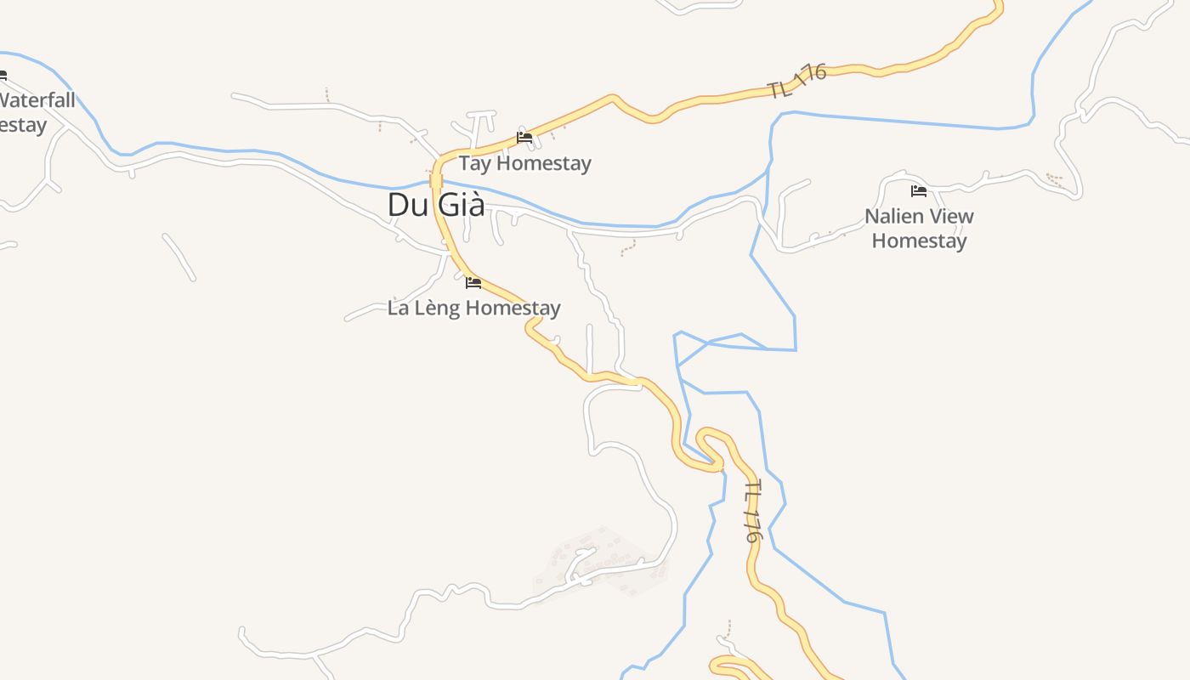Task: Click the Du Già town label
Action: [436, 205]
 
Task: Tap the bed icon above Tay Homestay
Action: [524, 137]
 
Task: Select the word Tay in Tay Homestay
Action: [475, 163]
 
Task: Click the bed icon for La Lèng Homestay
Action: [473, 282]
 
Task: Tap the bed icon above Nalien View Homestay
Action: [919, 190]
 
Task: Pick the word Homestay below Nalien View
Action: [919, 241]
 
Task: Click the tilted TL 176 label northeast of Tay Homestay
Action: [797, 81]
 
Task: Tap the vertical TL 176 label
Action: [752, 512]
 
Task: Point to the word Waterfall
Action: [37, 100]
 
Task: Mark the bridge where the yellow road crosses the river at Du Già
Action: [436, 180]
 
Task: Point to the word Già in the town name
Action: [461, 205]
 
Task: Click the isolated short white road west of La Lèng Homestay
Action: [179, 257]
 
